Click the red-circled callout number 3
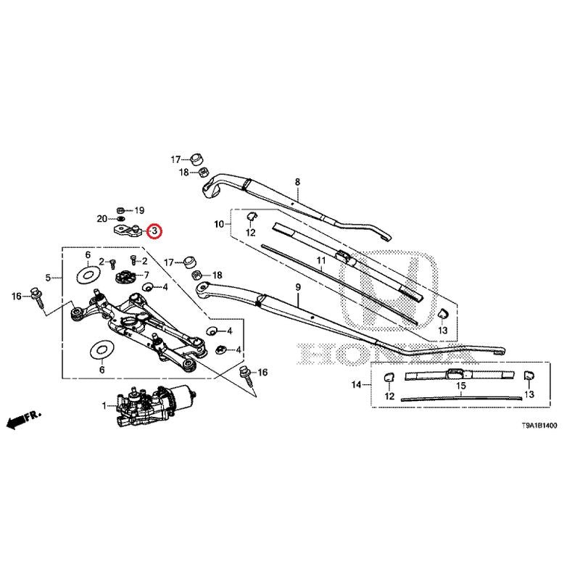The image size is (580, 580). (x=154, y=231)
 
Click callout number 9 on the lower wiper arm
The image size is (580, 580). (x=297, y=288)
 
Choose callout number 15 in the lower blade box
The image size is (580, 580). (x=460, y=386)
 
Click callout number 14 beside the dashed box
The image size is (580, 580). (x=356, y=384)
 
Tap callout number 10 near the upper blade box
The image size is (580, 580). (x=218, y=225)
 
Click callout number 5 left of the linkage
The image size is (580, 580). (x=48, y=277)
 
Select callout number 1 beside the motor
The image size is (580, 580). (x=104, y=405)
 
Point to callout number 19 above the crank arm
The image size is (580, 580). (x=140, y=209)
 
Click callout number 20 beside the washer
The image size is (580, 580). (x=102, y=218)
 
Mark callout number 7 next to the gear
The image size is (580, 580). (x=146, y=275)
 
